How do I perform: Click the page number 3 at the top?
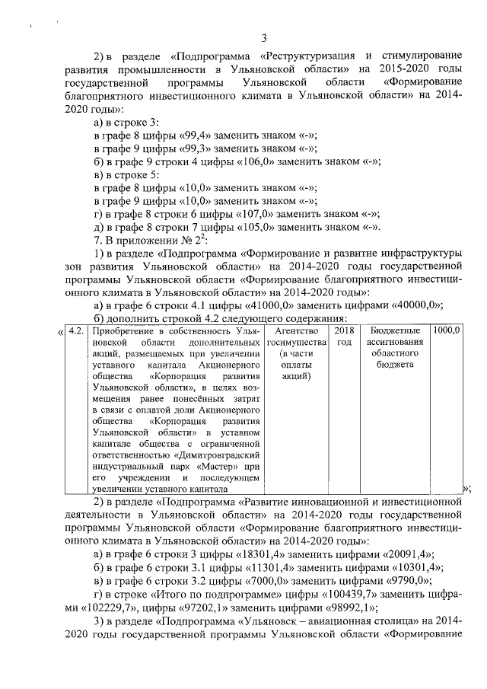click(x=263, y=39)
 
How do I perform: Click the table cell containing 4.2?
click(x=75, y=331)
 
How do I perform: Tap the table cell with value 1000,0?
click(x=446, y=331)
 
